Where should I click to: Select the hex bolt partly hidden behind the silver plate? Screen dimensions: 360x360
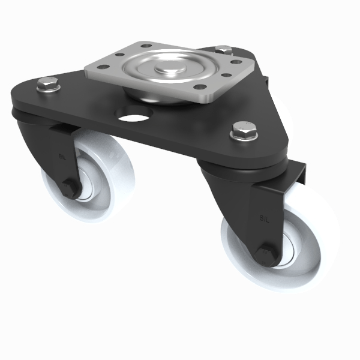click(223, 50)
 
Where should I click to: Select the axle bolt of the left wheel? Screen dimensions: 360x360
click(71, 191)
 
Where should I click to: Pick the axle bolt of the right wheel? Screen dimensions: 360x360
click(266, 254)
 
